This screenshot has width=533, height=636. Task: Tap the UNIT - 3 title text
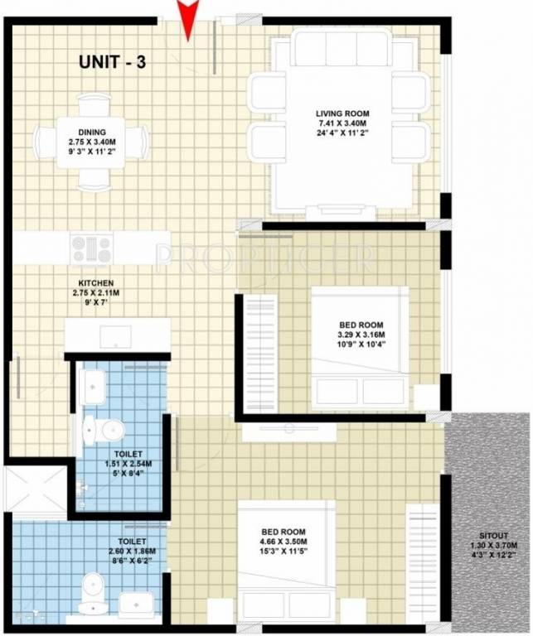coord(112,61)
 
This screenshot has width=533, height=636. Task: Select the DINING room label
coord(91,130)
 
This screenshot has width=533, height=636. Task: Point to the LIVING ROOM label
coord(342,113)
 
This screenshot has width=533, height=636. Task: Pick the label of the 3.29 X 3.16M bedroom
coord(361,325)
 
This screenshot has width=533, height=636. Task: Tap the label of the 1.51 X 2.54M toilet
coord(124,455)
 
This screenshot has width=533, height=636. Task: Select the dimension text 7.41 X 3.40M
coord(342,123)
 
